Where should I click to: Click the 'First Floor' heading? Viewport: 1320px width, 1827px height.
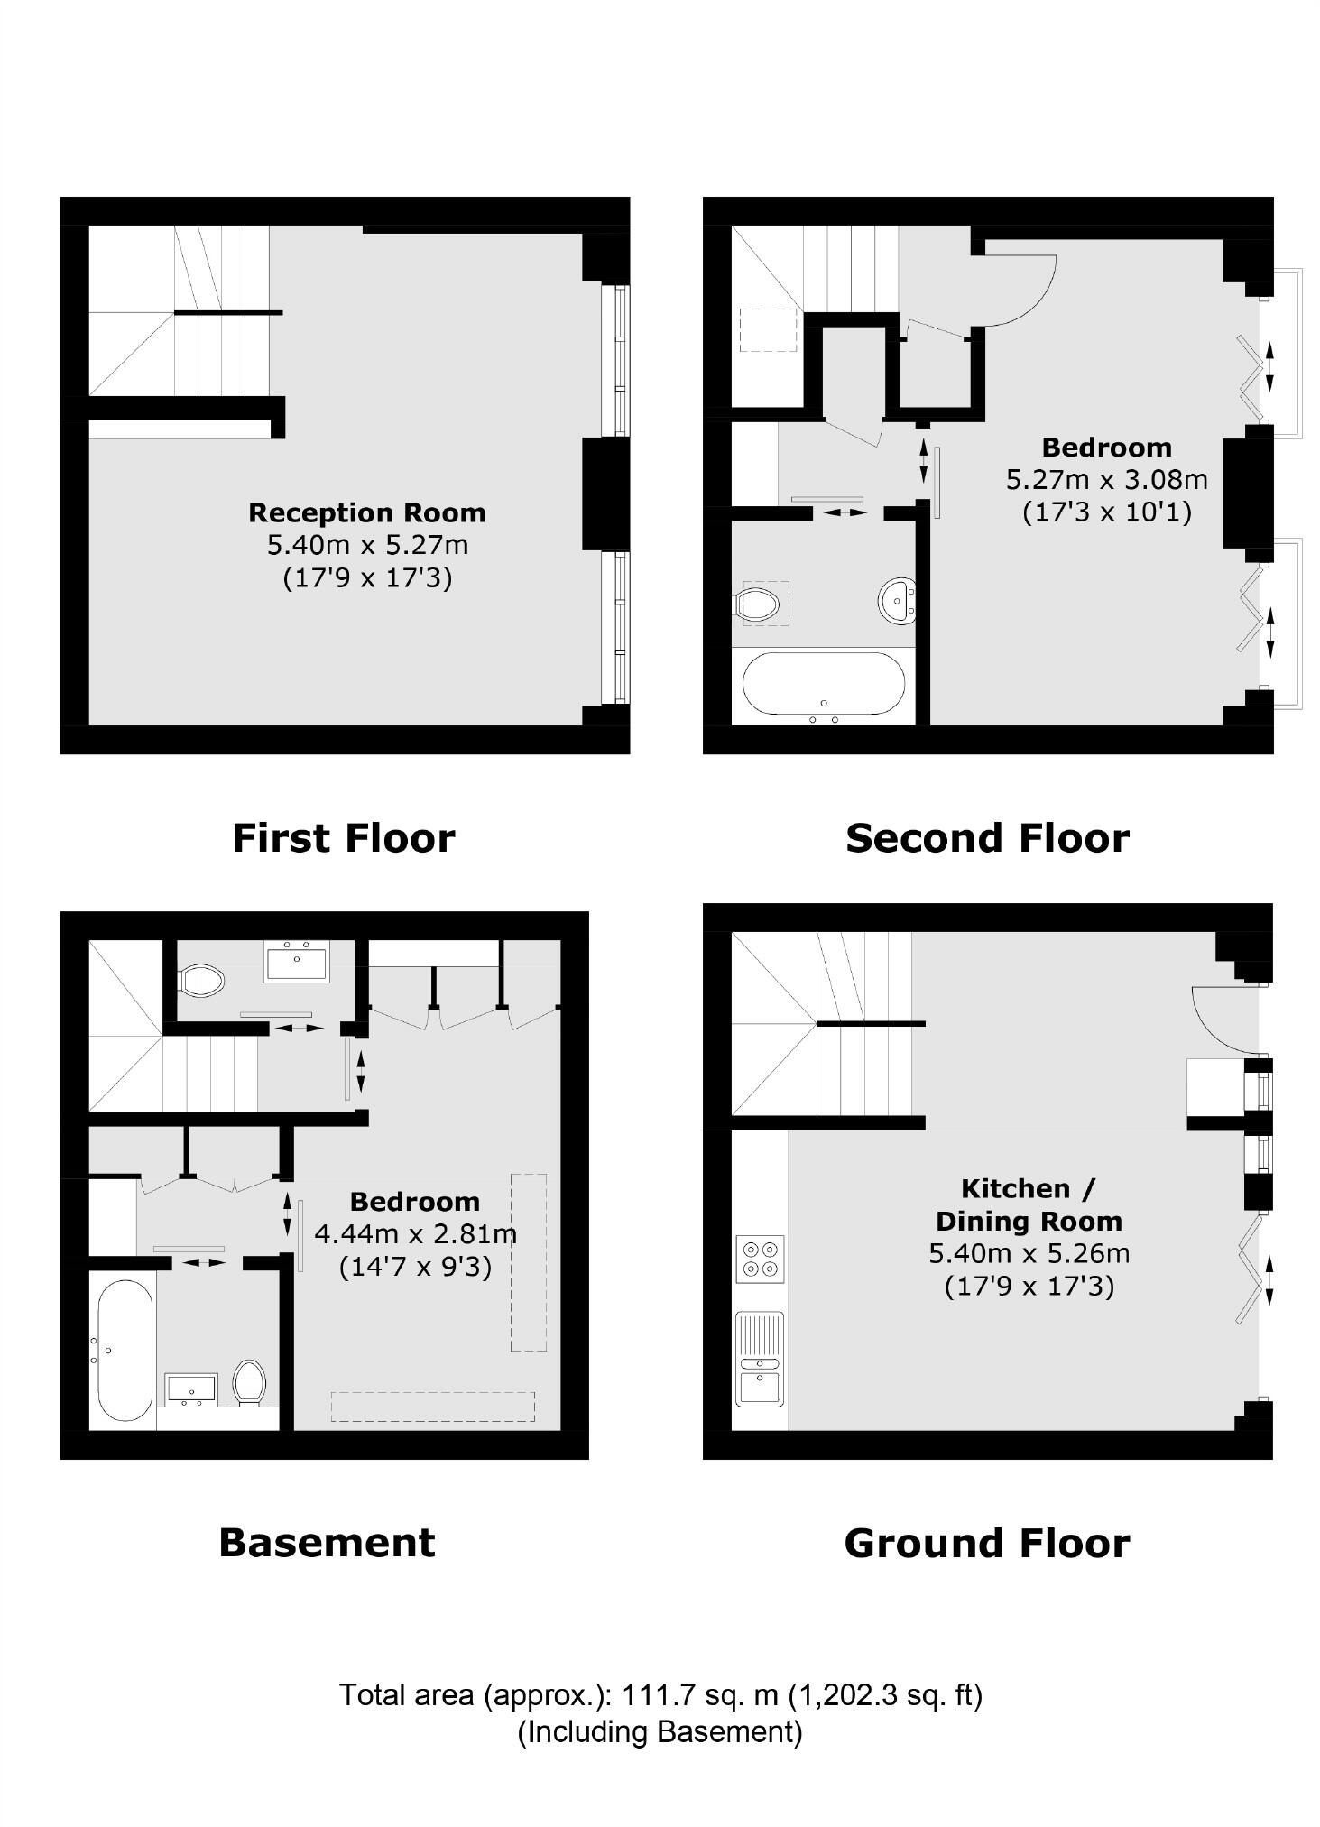point(343,838)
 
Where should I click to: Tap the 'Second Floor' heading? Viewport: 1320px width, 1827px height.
point(986,838)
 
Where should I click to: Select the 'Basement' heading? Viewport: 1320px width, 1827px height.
point(327,1542)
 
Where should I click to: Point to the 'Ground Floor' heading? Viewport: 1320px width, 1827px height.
point(986,1543)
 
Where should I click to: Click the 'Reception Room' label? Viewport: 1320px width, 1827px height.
point(366,512)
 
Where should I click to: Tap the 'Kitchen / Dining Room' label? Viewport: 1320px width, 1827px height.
point(1029,1204)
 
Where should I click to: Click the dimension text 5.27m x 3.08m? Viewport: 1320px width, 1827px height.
point(1106,479)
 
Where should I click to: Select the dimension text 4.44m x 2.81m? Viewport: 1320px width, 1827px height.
point(415,1233)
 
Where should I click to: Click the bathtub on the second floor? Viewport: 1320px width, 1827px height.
point(823,684)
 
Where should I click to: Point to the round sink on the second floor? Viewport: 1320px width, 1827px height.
point(896,599)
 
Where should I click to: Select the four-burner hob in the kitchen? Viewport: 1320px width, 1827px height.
point(760,1259)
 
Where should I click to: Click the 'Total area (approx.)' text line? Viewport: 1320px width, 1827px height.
point(660,1695)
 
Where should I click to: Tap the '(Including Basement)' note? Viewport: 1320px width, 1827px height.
point(660,1732)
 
